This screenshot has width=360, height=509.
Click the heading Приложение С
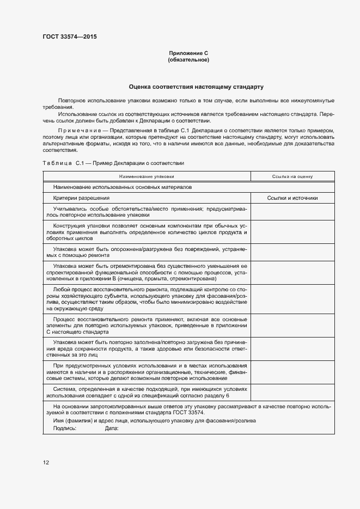(188, 53)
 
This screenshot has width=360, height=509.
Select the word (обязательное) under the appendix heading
(188, 59)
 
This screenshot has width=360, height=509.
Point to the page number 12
(46, 462)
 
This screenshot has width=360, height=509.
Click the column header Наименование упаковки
(147, 176)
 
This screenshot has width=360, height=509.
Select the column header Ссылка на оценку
(292, 176)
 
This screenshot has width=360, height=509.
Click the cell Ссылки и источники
(292, 198)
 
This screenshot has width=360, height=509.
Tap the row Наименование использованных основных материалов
(123, 187)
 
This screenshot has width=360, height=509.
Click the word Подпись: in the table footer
(65, 428)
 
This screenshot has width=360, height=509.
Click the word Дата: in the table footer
(112, 428)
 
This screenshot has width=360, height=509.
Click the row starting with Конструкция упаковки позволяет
(147, 232)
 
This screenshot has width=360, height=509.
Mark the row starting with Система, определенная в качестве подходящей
(147, 392)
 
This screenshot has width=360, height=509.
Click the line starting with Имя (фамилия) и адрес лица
(154, 421)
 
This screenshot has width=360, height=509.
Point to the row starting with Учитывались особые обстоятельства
(147, 212)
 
